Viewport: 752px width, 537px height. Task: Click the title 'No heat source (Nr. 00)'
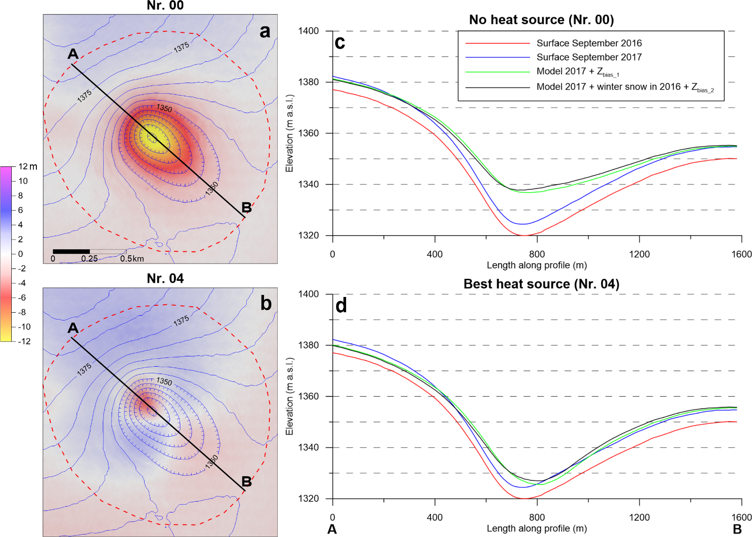point(541,20)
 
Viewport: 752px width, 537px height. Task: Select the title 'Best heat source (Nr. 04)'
point(541,284)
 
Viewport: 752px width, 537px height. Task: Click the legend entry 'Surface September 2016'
point(589,43)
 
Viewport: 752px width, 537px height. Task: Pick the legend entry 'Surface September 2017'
point(589,57)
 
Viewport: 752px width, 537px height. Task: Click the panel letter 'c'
point(340,43)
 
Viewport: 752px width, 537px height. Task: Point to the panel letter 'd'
point(341,306)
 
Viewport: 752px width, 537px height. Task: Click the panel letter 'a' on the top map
point(265,31)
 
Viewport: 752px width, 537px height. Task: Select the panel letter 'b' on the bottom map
point(266,303)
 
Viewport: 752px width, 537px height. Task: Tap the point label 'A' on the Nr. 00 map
point(73,54)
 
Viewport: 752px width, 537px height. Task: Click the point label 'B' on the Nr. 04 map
point(247,482)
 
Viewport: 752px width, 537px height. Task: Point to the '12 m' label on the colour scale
point(28,167)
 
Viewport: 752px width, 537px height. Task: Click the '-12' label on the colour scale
point(24,342)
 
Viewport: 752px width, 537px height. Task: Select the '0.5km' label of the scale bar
point(132,259)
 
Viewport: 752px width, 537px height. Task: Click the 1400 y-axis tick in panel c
point(308,31)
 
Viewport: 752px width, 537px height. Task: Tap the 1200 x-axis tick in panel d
point(639,517)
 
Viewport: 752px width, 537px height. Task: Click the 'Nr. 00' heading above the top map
point(165,6)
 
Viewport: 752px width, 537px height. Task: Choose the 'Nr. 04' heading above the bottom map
point(165,279)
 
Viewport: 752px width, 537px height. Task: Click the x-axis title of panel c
point(537,266)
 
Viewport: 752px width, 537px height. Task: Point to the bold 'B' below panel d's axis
point(737,529)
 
